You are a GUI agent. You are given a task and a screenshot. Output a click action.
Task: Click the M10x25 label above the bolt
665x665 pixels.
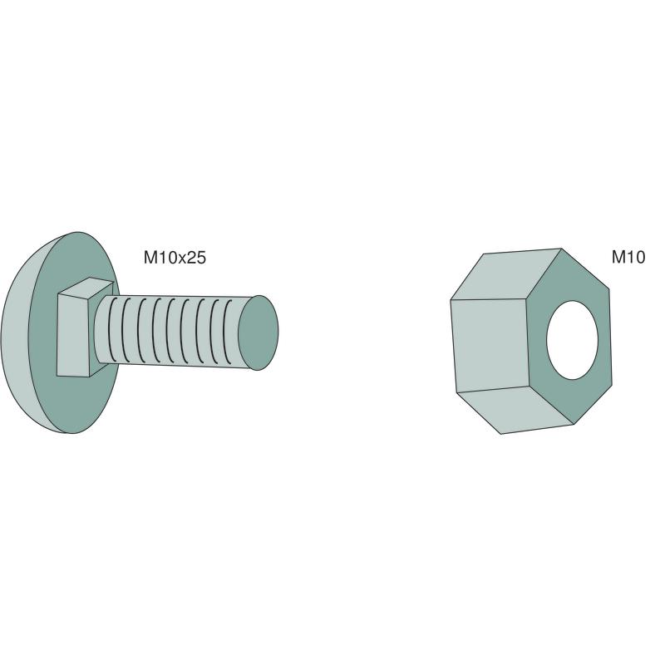(x=175, y=258)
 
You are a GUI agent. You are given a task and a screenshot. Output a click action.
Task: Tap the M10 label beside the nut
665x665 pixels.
(x=628, y=257)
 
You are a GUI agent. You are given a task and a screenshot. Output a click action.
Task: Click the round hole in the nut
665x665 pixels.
(x=572, y=340)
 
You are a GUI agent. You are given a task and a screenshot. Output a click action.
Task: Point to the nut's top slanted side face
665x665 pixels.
(x=509, y=275)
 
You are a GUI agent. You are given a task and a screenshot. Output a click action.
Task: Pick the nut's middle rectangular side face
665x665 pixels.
(x=490, y=344)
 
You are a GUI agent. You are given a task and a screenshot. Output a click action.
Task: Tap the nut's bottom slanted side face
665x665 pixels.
(x=516, y=409)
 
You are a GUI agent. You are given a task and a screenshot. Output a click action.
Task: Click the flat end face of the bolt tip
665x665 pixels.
(x=258, y=332)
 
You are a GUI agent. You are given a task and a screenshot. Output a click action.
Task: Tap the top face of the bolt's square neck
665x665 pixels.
(x=86, y=288)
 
